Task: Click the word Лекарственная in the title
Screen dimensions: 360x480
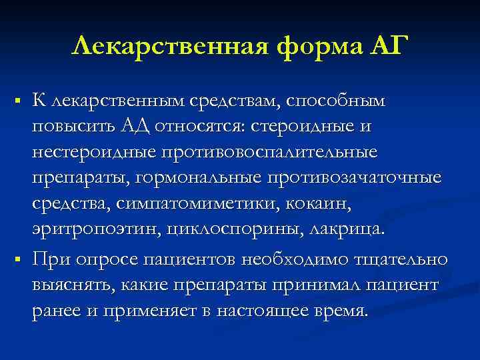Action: tap(159, 47)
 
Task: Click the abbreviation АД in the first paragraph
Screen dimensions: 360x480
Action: tap(139, 126)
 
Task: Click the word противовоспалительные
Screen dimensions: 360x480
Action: tap(267, 152)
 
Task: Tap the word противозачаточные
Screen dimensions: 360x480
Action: tap(353, 178)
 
